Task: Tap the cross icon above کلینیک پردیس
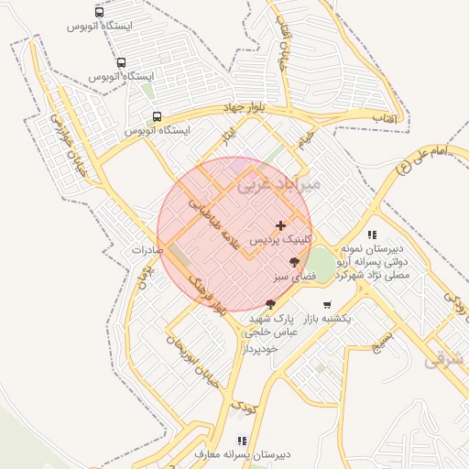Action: tap(280, 224)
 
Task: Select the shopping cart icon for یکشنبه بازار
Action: tap(327, 305)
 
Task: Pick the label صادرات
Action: tap(147, 249)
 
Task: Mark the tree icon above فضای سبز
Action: tap(293, 262)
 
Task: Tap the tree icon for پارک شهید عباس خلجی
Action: tap(269, 304)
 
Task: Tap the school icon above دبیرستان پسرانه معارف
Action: tap(242, 441)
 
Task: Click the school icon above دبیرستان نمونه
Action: tap(371, 234)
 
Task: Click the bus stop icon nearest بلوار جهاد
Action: tap(157, 117)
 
